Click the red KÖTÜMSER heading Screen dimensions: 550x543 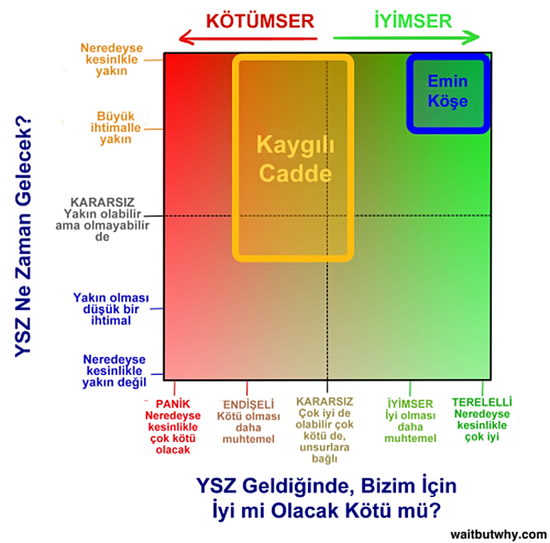coord(260,21)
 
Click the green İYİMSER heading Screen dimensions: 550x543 coord(413,21)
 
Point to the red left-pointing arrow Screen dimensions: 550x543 coord(248,38)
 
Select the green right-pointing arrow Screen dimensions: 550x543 coord(406,38)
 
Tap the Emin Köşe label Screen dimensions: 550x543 coord(448,91)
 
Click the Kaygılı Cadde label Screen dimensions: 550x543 coord(295,159)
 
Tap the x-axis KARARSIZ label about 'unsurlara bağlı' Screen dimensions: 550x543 coord(325,430)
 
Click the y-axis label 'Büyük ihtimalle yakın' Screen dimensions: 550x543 coord(116,128)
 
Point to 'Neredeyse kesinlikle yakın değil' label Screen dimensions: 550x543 coord(115,371)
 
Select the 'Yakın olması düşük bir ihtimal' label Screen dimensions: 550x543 coord(111,309)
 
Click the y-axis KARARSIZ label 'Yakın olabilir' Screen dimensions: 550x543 coord(103,219)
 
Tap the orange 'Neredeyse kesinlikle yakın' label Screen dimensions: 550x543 coord(111,59)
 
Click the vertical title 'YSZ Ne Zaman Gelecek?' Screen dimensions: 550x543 coord(23,237)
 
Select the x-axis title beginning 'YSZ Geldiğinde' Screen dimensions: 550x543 coord(326,498)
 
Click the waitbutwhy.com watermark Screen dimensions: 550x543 coord(499,534)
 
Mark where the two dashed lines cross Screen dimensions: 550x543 coord(327,216)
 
